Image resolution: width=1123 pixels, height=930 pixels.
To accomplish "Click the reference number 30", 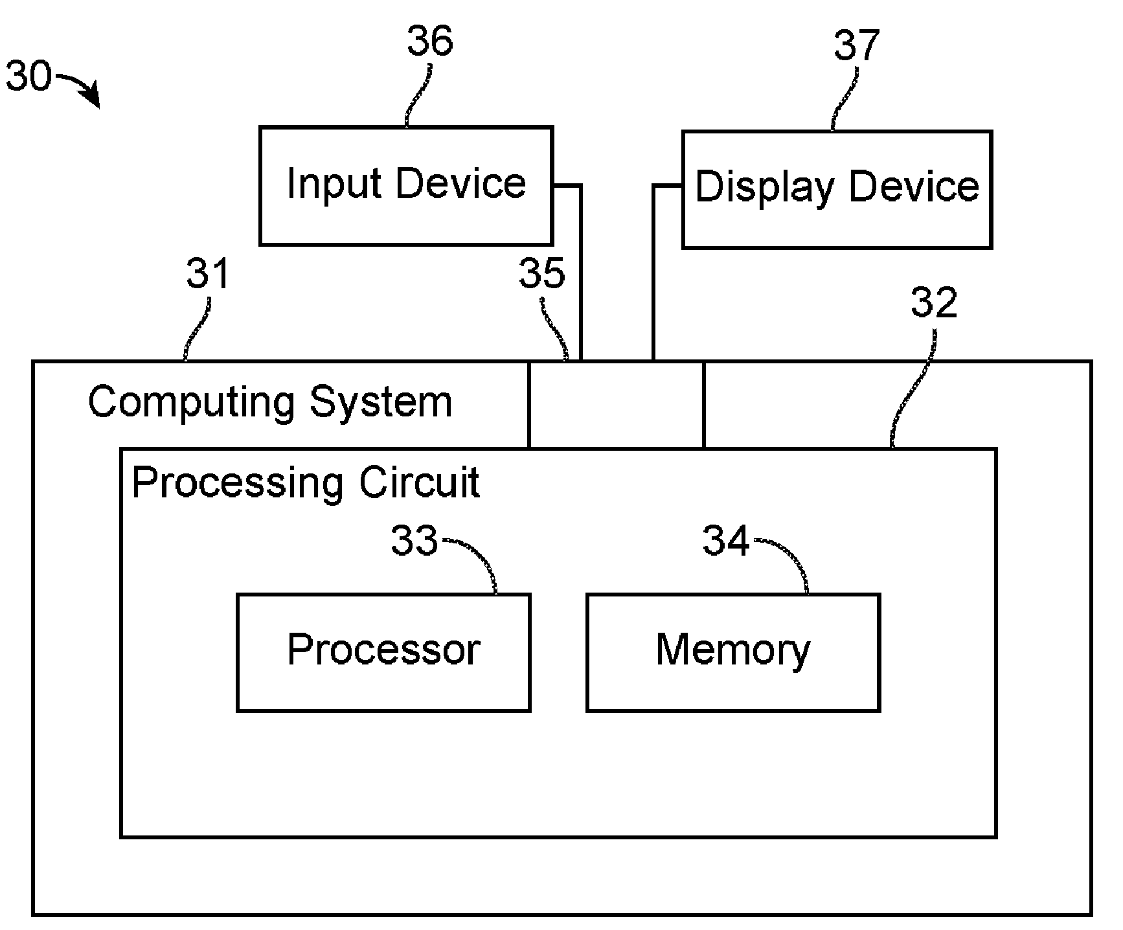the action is click(28, 76).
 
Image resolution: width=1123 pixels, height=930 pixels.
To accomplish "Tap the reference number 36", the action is click(430, 42).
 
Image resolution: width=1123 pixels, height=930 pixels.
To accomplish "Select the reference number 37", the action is click(856, 46).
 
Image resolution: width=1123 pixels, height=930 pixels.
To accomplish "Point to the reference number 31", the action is click(209, 273).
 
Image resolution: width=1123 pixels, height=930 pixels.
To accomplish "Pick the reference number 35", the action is click(542, 273).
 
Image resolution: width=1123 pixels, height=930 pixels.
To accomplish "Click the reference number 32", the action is click(934, 302).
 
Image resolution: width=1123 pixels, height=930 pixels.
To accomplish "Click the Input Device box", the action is click(406, 186).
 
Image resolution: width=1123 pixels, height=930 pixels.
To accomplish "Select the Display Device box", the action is click(837, 190).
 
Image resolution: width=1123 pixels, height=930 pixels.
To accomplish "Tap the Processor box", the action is click(383, 653).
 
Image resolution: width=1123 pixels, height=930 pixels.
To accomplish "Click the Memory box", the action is click(733, 653).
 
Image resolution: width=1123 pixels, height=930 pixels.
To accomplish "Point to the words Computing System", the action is click(270, 403).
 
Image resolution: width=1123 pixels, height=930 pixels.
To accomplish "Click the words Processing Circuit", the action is click(306, 483).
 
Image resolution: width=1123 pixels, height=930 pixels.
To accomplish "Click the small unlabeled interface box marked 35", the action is click(616, 404).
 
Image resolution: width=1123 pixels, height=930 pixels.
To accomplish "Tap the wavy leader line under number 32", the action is click(913, 389).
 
